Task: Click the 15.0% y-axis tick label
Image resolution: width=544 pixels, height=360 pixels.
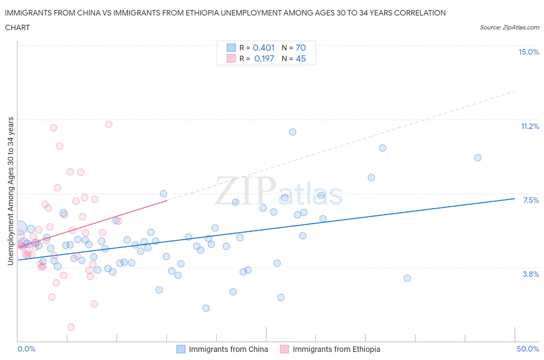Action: (x=529, y=52)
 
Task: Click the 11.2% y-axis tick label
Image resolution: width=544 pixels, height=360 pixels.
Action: (x=530, y=127)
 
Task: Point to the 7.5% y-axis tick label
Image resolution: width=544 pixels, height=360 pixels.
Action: (x=531, y=200)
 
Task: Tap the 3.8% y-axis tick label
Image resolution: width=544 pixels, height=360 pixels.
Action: (x=531, y=274)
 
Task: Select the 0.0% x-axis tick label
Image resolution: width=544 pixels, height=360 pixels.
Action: (x=26, y=349)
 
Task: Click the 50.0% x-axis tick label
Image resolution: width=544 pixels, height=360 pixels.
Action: (x=528, y=349)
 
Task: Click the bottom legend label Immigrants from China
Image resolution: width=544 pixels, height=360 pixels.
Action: (x=228, y=349)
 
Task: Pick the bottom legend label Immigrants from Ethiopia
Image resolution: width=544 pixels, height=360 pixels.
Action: (x=336, y=349)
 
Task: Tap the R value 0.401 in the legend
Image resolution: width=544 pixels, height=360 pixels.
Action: (x=263, y=48)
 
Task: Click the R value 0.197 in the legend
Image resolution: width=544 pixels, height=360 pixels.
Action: (x=264, y=58)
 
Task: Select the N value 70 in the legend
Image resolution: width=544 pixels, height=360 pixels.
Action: (x=301, y=48)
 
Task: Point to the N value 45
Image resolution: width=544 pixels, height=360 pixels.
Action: (x=301, y=58)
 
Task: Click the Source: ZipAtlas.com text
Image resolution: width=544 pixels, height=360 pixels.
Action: (x=509, y=27)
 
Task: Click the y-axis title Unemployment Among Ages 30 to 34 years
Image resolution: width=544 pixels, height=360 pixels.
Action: (x=11, y=191)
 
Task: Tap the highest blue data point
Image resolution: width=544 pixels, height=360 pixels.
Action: (x=293, y=132)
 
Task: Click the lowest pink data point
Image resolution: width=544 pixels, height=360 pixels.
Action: (x=71, y=327)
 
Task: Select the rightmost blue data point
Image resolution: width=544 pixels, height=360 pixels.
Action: (x=478, y=158)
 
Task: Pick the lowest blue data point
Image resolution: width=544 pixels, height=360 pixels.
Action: (x=206, y=308)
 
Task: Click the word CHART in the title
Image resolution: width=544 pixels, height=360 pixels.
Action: (x=17, y=27)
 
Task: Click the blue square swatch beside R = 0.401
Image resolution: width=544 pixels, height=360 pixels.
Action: (x=231, y=48)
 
